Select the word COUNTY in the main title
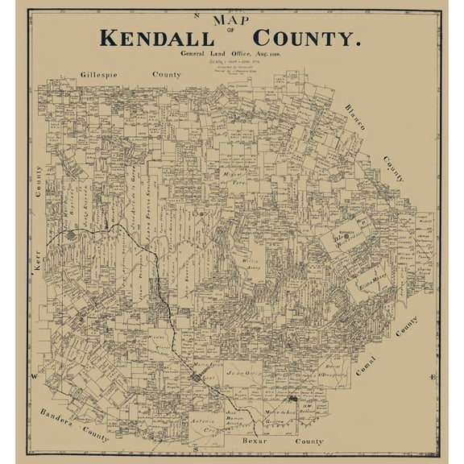305,37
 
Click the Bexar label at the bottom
253,442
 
